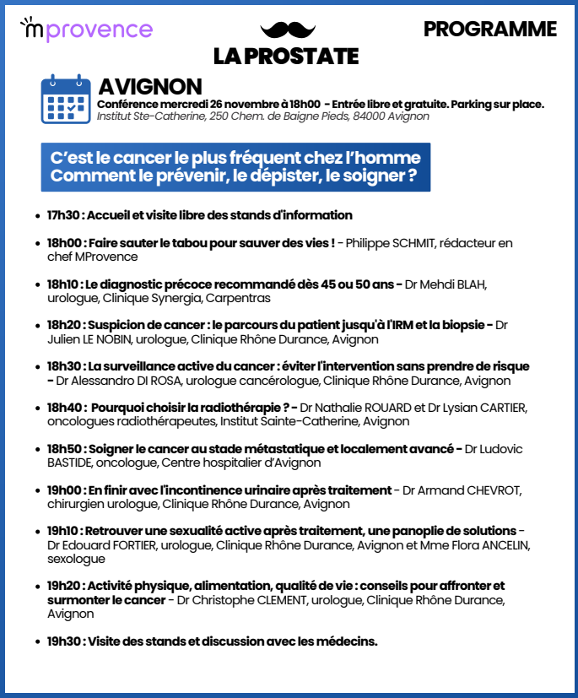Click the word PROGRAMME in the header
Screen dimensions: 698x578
click(x=489, y=30)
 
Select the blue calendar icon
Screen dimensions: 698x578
click(x=66, y=100)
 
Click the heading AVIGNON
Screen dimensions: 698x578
click(x=150, y=87)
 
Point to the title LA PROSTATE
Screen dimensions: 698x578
click(x=286, y=56)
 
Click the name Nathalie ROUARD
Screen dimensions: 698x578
click(x=365, y=408)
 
